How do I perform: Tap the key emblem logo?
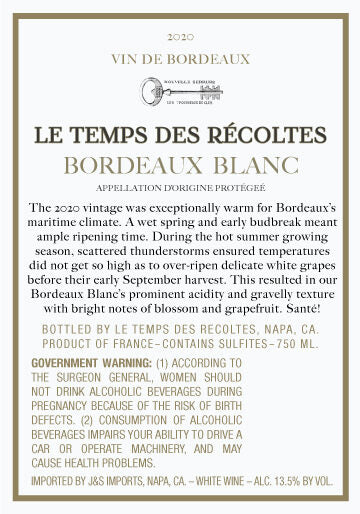pyautogui.click(x=179, y=95)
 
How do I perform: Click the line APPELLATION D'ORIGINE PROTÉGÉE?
pyautogui.click(x=179, y=187)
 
